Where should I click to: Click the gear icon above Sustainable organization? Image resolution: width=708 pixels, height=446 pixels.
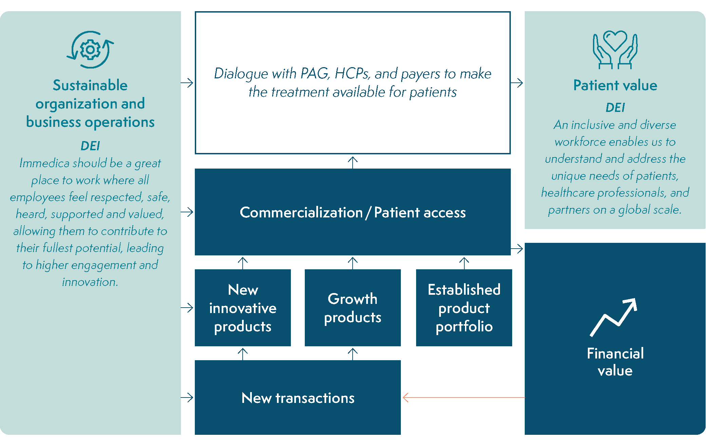90,50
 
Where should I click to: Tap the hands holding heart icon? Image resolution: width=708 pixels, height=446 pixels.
615,50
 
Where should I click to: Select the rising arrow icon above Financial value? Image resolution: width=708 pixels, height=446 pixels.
614,317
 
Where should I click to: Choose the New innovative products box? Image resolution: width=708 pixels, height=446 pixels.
243,308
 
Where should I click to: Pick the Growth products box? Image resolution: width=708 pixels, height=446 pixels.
353,308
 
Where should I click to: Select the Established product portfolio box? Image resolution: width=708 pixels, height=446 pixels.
464,308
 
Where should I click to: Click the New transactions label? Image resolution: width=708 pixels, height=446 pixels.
298,398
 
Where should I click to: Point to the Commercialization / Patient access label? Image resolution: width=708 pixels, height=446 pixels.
353,212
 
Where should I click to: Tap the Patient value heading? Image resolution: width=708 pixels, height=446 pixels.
615,85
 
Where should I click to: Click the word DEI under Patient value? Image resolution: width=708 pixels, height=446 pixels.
615,108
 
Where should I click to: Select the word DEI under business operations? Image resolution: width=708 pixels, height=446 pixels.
90,146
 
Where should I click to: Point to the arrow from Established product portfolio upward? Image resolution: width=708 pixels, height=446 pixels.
464,263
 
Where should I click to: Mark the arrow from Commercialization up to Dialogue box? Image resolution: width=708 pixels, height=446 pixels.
353,162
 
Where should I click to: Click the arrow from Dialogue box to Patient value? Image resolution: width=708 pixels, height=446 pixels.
517,83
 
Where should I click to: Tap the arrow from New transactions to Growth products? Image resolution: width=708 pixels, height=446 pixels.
353,353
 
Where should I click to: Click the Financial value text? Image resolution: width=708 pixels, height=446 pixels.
615,362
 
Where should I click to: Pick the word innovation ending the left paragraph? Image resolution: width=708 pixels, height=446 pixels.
90,282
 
